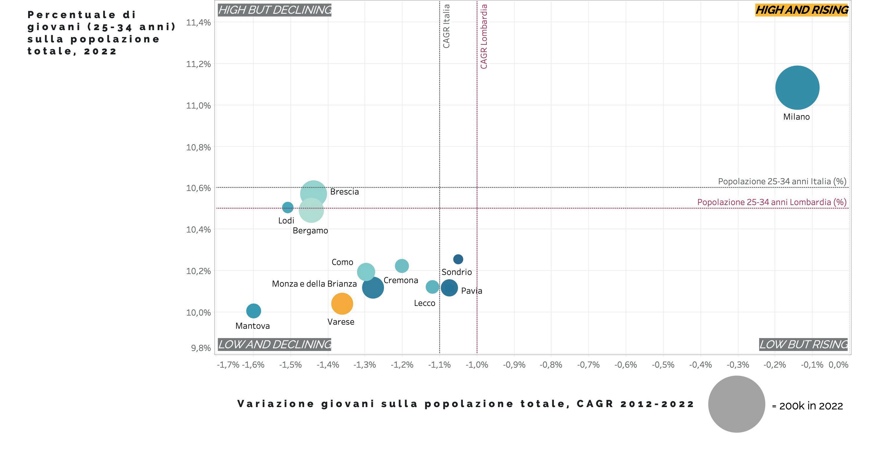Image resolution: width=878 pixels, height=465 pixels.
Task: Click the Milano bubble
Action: click(x=797, y=87)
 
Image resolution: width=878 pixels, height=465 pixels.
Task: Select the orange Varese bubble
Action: click(x=342, y=303)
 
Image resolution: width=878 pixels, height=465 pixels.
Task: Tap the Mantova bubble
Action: click(x=253, y=310)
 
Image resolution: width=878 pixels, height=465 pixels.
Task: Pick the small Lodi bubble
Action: click(x=288, y=207)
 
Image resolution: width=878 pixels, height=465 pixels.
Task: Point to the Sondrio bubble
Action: click(x=458, y=259)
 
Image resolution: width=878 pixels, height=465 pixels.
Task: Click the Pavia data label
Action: click(x=471, y=291)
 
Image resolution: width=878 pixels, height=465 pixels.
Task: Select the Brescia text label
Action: click(x=344, y=192)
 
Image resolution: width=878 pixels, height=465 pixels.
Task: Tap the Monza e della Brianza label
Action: click(x=314, y=284)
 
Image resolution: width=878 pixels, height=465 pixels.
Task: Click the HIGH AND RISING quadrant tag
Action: click(x=802, y=10)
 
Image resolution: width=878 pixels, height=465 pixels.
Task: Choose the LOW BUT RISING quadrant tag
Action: click(x=803, y=345)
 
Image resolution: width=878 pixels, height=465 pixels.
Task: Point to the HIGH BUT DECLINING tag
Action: click(x=275, y=10)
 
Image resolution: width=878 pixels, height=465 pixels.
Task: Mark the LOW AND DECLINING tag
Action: click(x=275, y=345)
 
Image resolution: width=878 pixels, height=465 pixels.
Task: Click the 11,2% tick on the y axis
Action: click(x=198, y=64)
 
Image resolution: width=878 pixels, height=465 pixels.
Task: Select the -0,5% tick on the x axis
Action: click(x=663, y=365)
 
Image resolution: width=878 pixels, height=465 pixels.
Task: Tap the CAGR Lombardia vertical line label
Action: click(x=484, y=37)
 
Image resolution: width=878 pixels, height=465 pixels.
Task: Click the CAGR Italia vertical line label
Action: click(x=446, y=26)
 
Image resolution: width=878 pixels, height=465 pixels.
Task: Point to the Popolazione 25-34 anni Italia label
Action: click(x=782, y=181)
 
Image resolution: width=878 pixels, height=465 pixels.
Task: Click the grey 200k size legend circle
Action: click(x=737, y=404)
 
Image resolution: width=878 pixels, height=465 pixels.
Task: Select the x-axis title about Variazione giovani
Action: click(x=466, y=404)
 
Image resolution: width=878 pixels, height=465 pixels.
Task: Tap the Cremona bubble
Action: click(x=402, y=266)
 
